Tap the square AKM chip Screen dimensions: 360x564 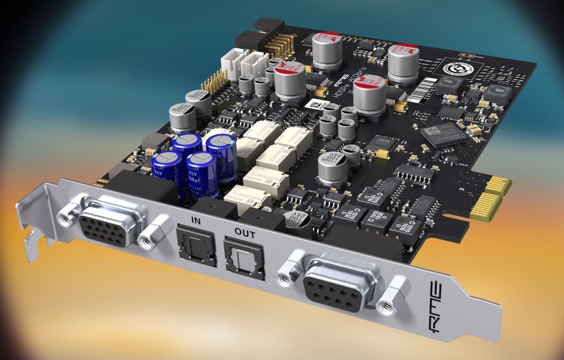click(x=377, y=142)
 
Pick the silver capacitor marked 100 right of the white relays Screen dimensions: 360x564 click(x=331, y=167)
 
